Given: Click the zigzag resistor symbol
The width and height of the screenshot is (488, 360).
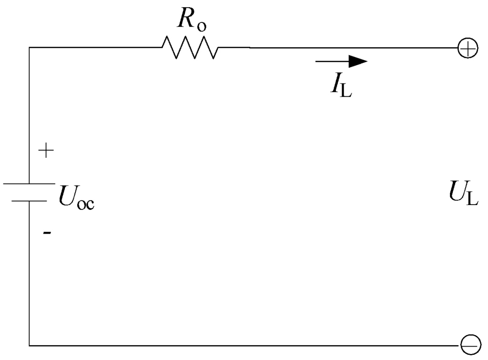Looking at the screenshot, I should coord(190,48).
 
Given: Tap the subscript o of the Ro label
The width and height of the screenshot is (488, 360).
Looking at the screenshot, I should coord(202,27).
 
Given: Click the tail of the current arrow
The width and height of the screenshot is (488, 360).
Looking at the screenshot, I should coord(317,61).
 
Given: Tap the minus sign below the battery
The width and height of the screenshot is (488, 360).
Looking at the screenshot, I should coord(46,233).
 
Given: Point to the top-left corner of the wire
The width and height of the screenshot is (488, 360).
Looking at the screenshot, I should coord(30,48).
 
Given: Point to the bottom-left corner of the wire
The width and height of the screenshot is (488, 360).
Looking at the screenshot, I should coord(30,344).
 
